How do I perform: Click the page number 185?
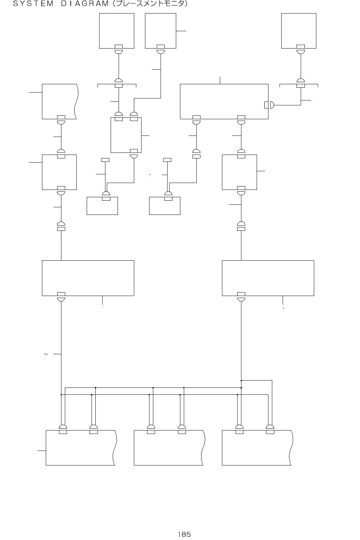tap(184, 534)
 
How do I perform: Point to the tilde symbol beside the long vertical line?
tap(46, 354)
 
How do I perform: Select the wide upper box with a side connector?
tap(224, 101)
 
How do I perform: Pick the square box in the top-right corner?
tap(299, 31)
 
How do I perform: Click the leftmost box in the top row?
tap(117, 31)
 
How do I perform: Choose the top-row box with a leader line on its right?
tap(160, 31)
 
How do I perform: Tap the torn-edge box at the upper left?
tap(59, 101)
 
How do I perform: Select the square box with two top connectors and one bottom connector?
tap(126, 135)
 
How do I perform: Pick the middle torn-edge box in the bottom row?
tap(169, 447)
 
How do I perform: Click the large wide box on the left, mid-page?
tap(88, 278)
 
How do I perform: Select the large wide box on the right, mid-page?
tap(268, 278)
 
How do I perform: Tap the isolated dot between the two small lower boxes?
tap(149, 175)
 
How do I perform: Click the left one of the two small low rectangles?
tap(102, 206)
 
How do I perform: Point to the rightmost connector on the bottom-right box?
tap(270, 429)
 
